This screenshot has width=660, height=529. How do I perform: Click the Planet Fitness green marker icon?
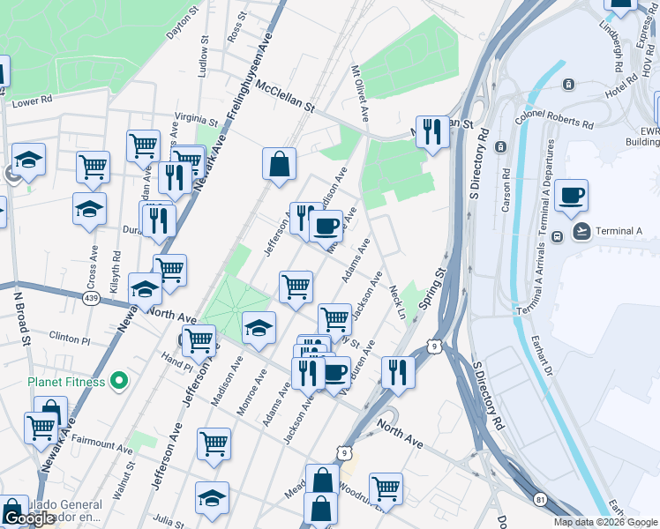(122, 382)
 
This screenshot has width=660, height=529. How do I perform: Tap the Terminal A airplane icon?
(582, 232)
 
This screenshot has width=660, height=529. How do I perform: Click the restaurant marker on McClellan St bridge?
(431, 132)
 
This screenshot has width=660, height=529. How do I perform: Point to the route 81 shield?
(538, 499)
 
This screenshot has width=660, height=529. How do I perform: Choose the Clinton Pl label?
(70, 338)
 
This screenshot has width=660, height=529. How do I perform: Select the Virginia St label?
(196, 119)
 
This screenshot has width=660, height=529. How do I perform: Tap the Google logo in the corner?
(29, 518)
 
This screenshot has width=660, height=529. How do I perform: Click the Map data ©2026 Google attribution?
(605, 522)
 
